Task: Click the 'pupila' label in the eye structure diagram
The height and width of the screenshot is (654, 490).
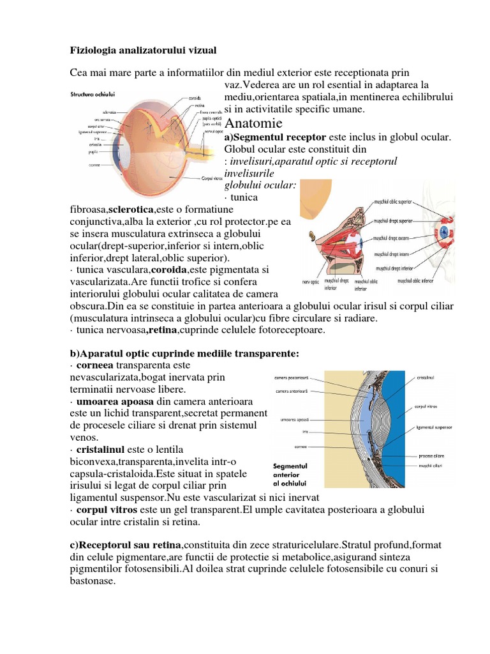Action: tap(93, 152)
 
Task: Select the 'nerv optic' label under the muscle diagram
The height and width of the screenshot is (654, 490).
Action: tap(311, 280)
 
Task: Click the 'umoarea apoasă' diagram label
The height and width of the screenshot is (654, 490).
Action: tap(295, 420)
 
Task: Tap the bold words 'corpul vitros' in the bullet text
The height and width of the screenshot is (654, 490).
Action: tap(101, 510)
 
